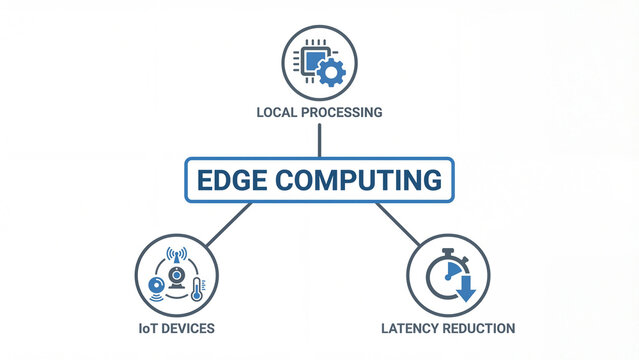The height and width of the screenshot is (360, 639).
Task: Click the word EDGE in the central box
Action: [233, 180]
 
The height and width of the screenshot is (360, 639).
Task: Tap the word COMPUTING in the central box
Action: [358, 180]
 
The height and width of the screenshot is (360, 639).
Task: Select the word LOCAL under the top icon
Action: [281, 112]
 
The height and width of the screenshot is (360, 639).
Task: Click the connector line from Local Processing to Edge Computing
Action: [319, 139]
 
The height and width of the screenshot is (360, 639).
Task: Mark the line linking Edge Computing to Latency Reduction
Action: [399, 224]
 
